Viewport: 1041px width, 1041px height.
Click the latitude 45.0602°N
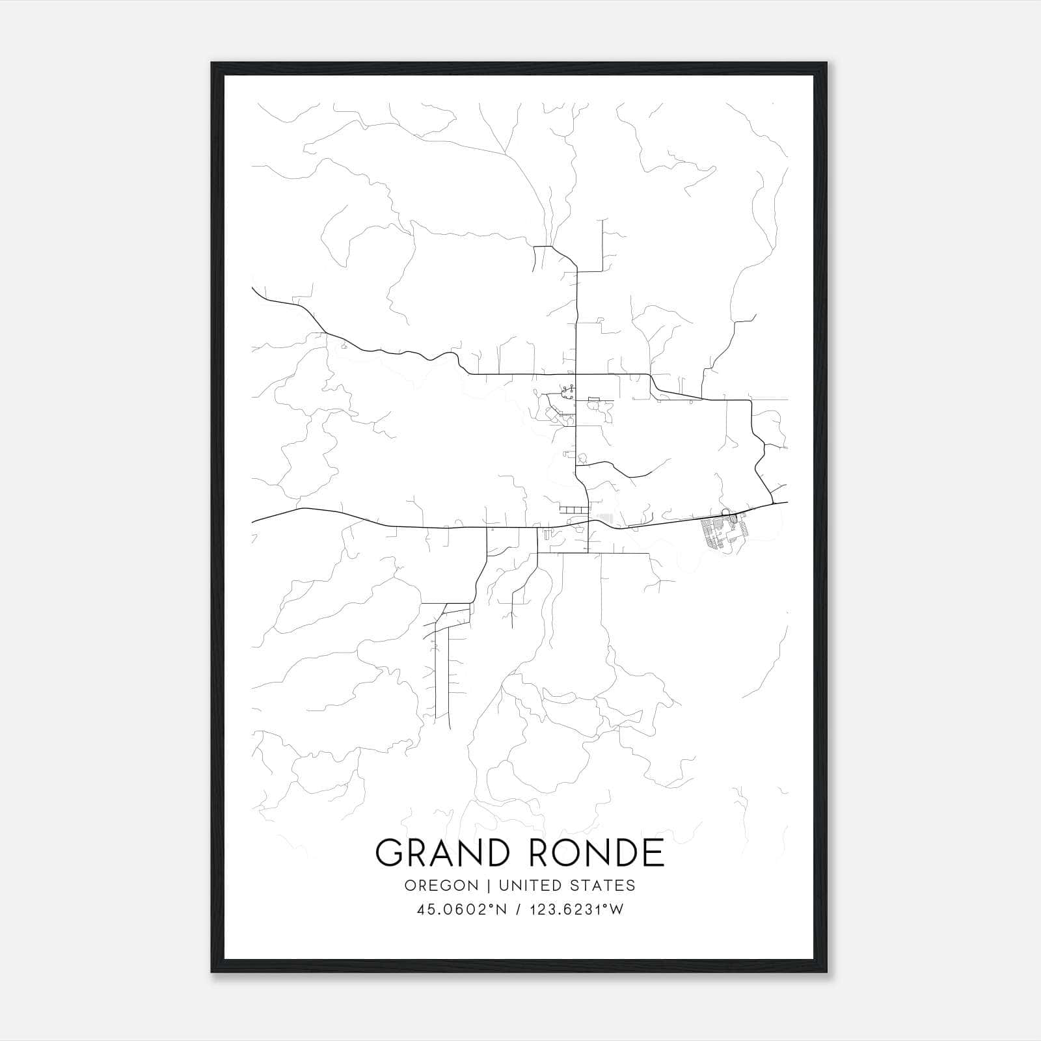click(461, 910)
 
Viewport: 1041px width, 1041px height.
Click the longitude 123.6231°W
click(575, 910)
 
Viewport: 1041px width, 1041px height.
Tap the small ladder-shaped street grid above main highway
click(571, 508)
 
